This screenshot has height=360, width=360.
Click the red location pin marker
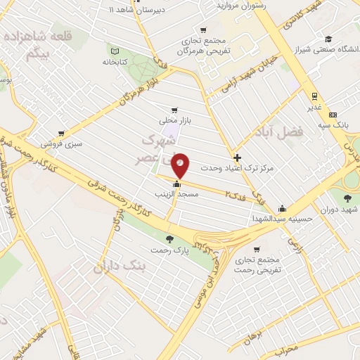pos(181,165)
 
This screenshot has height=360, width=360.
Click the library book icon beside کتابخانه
pos(115,51)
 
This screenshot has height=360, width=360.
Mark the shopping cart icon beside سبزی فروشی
pos(61,134)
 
